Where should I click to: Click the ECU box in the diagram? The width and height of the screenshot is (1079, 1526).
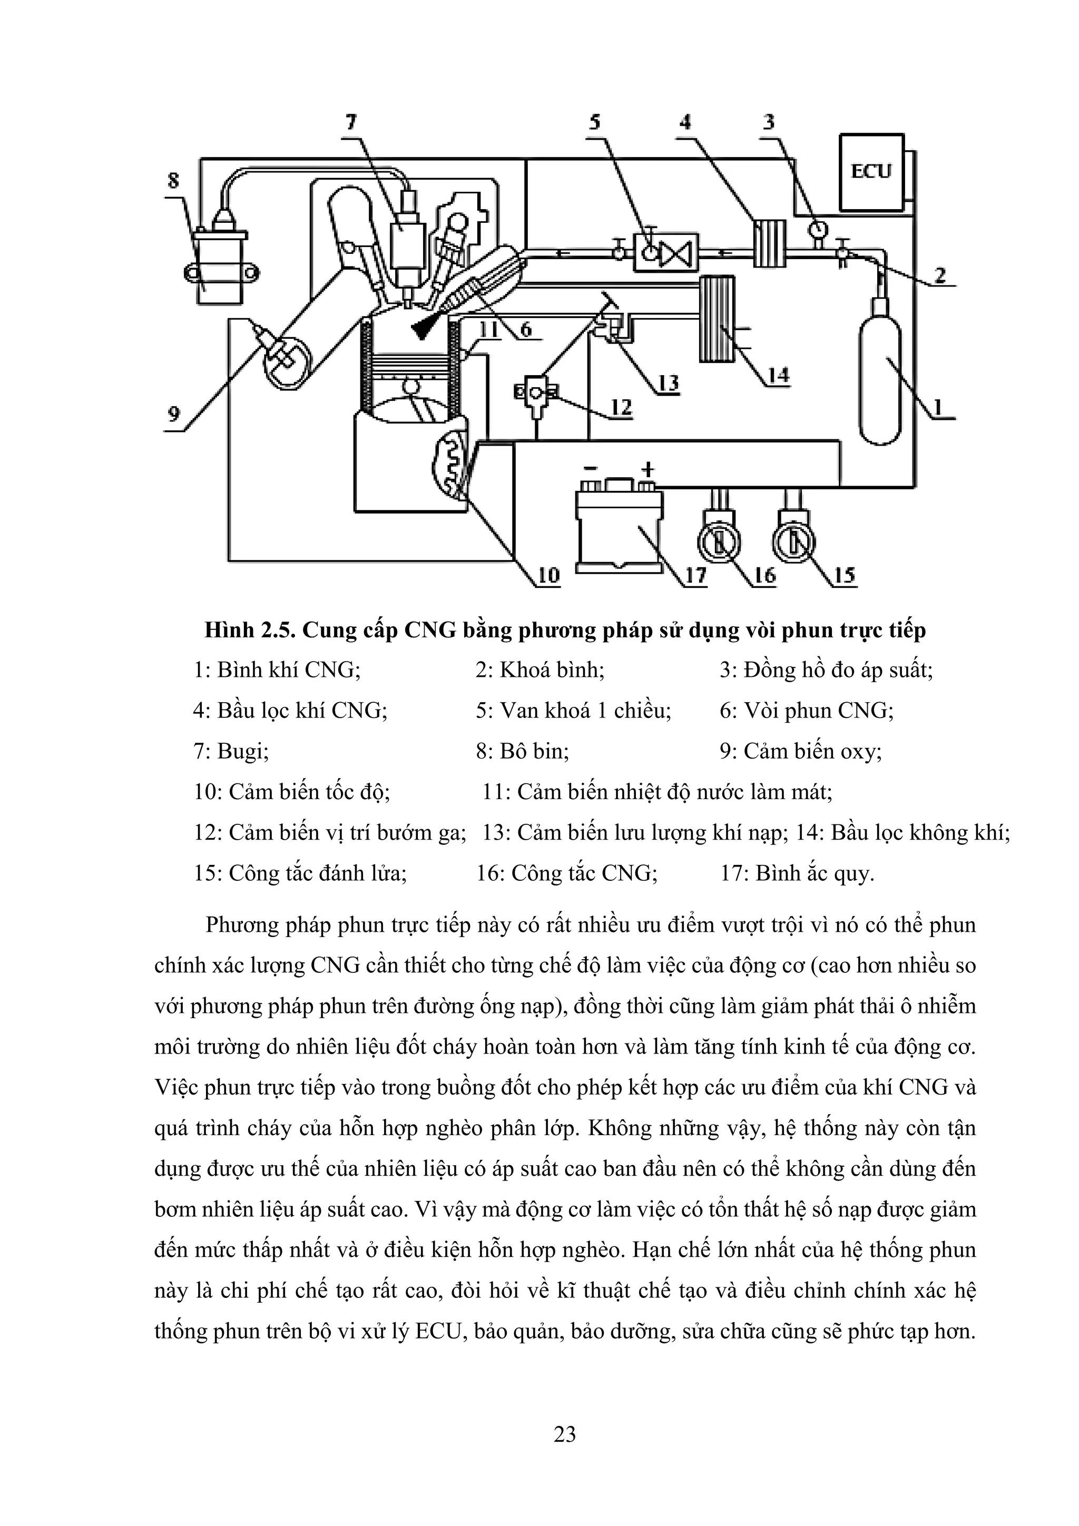(871, 172)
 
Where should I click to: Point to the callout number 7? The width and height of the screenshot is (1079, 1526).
(350, 122)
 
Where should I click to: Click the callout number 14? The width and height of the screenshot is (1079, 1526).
(778, 376)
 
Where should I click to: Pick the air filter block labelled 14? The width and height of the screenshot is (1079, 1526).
(718, 319)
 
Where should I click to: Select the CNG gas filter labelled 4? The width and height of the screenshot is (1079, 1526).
(769, 243)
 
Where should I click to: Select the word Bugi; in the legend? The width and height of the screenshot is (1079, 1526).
(239, 751)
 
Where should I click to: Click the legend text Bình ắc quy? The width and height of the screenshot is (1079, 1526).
(815, 873)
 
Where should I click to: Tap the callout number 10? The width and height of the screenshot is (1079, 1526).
(548, 574)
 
